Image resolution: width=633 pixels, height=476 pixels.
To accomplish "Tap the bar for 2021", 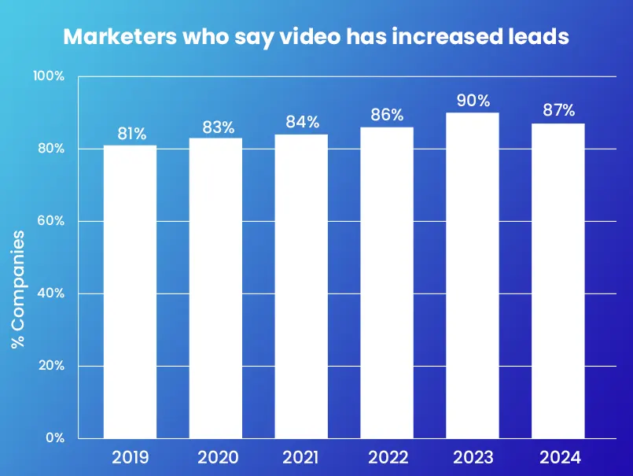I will (302, 286).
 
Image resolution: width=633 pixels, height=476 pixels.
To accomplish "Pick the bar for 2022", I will (387, 282).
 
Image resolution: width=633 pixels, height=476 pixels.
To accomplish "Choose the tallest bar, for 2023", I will (473, 275).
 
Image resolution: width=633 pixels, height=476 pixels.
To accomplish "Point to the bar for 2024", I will (558, 281).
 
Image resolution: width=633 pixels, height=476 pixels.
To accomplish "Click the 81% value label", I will (132, 134).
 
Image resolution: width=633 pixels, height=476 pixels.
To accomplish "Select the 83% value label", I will (218, 127).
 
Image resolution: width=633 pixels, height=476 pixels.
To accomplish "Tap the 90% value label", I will (473, 101).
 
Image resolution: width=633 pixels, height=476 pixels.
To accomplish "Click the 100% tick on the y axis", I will (49, 76).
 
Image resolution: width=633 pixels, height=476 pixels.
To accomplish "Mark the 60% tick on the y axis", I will (50, 221).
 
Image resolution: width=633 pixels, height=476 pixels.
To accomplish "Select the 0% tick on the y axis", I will (54, 438).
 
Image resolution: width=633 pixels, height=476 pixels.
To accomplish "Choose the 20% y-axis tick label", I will (50, 366).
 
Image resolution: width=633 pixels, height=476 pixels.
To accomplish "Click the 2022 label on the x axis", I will (387, 458).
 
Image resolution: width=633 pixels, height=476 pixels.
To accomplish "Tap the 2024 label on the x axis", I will (558, 458).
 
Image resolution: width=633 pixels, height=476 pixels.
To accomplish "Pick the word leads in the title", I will (540, 37).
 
